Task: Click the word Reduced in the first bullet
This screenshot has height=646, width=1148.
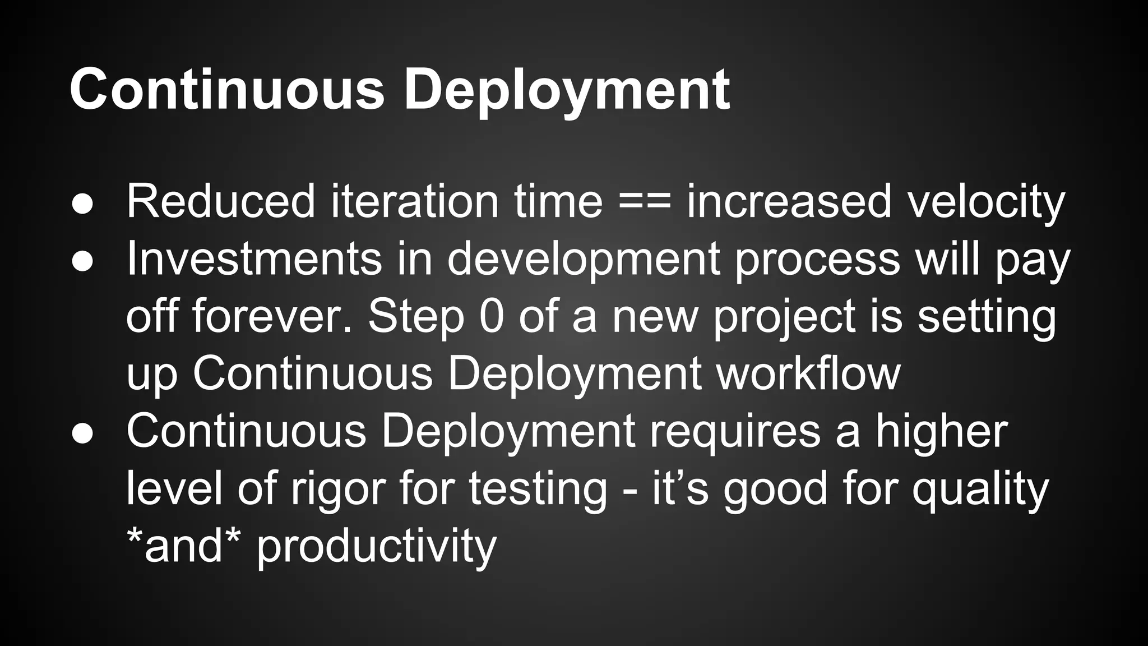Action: [x=221, y=201]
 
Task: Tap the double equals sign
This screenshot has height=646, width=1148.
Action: [x=644, y=202]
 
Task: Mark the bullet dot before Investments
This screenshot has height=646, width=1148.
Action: [x=82, y=261]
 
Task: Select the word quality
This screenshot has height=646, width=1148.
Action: [x=980, y=490]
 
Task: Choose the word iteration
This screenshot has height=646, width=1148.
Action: [x=414, y=201]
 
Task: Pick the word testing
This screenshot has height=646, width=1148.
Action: [x=538, y=488]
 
